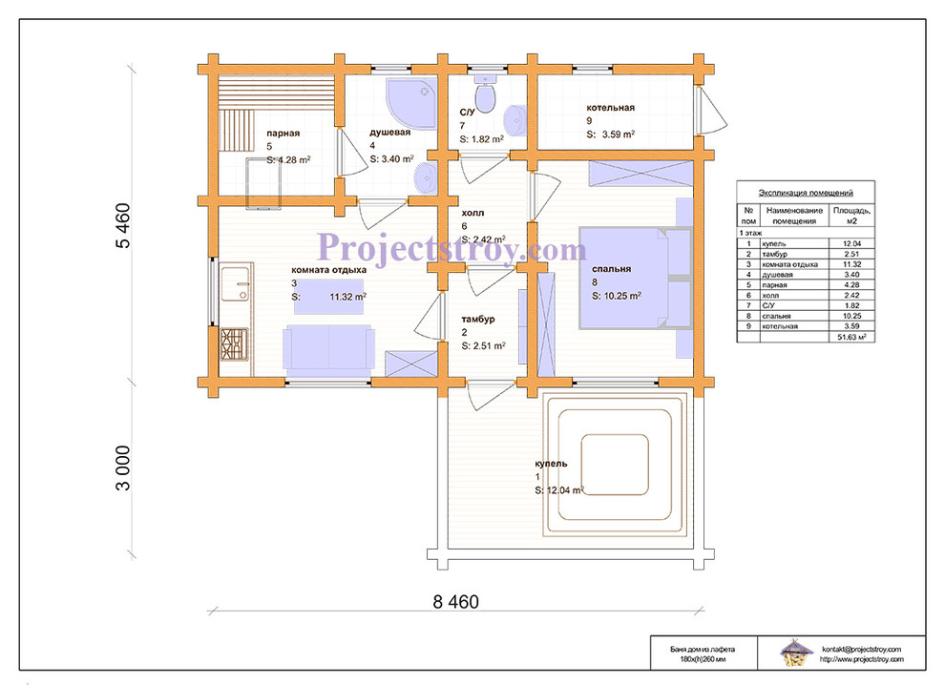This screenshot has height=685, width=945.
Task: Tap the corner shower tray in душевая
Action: tap(411, 102)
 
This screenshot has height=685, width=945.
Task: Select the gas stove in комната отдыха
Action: tap(234, 344)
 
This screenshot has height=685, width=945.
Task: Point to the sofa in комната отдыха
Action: tap(328, 347)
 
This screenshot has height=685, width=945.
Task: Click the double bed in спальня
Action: tap(625, 278)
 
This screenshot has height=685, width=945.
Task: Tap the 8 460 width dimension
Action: tap(455, 602)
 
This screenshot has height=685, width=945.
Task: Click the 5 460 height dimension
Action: tap(122, 226)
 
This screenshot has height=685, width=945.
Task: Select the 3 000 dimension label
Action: tap(122, 468)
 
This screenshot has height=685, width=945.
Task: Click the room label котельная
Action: tap(611, 108)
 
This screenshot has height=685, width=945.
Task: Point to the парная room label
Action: tap(283, 134)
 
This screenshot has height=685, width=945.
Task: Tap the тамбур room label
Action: tap(478, 320)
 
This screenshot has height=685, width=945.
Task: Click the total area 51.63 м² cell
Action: tap(851, 338)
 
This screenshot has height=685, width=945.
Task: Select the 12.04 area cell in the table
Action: tap(851, 244)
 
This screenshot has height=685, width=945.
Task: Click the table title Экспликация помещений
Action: tap(806, 193)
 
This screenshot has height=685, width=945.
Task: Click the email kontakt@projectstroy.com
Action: tap(861, 649)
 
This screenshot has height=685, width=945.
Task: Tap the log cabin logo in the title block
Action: tap(794, 654)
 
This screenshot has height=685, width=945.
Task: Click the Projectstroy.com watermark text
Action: tap(451, 248)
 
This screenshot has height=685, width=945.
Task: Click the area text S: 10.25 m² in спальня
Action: tap(616, 296)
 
